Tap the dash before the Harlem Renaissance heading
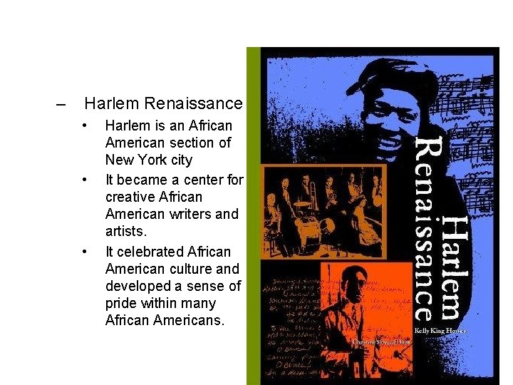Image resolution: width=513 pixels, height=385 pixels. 61,104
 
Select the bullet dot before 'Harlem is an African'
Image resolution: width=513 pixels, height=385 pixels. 85,126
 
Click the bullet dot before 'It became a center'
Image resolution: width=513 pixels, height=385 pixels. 85,179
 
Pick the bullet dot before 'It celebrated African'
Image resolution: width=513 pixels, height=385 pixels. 85,252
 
